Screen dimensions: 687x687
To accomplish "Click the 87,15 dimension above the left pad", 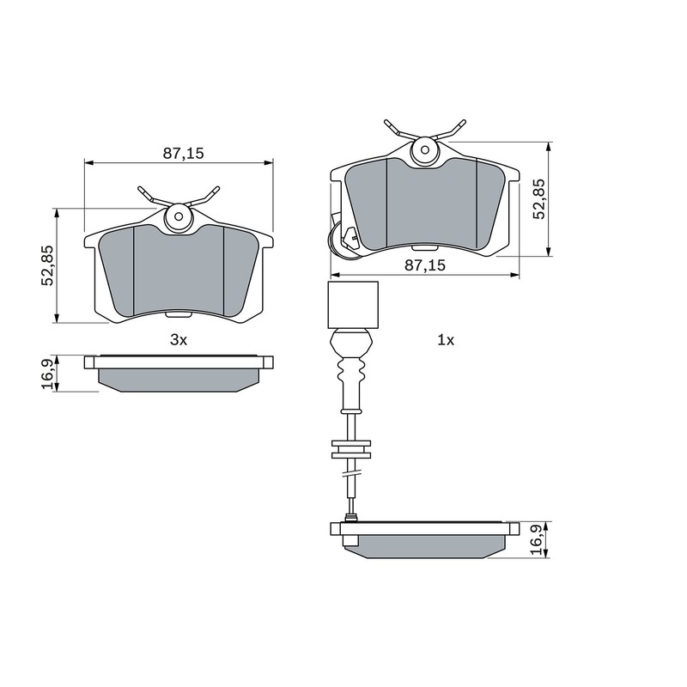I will (183, 153).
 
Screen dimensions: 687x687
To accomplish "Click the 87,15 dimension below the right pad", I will (425, 266).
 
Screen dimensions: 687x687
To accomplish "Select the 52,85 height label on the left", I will (48, 265).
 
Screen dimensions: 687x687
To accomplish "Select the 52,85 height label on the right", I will (538, 199).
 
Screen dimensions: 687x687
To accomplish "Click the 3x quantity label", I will (178, 340).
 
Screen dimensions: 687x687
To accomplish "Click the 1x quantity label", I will (445, 340).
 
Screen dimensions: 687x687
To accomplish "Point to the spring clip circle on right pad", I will (423, 152).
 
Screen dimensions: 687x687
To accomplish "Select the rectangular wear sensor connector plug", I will (353, 305).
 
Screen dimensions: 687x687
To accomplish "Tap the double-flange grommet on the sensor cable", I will (351, 449).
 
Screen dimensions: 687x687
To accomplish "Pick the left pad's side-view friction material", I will (179, 379).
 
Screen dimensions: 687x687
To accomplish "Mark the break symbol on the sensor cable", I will (350, 471).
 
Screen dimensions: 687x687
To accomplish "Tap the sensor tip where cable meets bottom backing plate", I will (350, 517).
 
